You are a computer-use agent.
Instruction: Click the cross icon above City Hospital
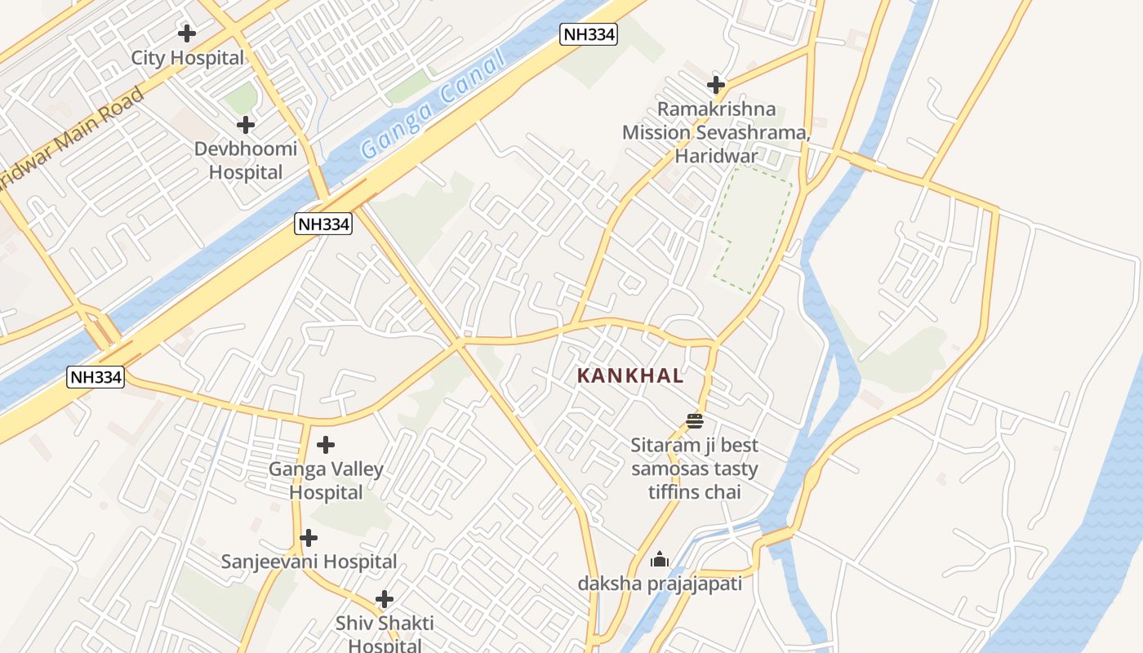187,33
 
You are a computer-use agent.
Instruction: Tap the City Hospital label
188,58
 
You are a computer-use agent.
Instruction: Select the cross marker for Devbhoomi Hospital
245,125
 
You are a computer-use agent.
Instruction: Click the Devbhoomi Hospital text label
246,161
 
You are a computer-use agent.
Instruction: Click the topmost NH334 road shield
588,34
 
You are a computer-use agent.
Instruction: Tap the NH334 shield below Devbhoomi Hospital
323,224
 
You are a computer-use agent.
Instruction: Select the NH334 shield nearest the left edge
96,377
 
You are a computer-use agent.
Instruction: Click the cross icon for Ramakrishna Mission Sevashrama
716,84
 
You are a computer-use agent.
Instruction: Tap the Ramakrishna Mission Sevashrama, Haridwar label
715,132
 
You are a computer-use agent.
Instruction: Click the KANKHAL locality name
629,376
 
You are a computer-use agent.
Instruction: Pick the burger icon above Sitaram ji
695,421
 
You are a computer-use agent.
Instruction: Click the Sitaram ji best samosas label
694,469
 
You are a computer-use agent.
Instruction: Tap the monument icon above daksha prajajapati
660,560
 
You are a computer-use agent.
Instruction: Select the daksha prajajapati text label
660,584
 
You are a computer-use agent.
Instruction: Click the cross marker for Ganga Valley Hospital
326,445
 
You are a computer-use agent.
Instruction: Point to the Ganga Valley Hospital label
326,481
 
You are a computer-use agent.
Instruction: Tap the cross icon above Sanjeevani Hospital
309,538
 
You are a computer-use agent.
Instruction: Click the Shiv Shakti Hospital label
385,633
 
